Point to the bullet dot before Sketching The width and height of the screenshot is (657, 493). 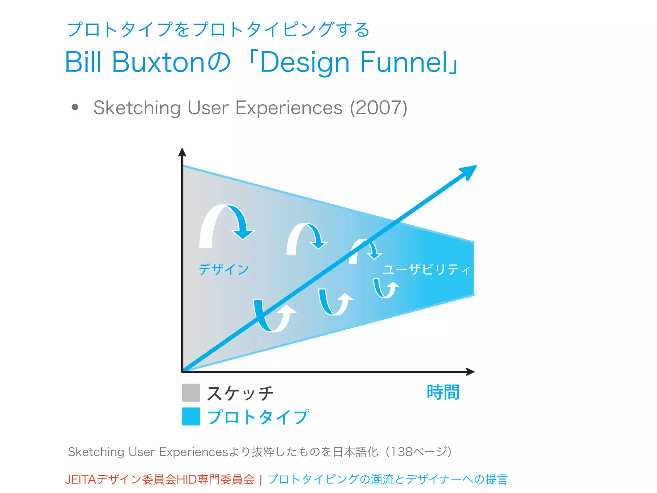click(x=75, y=107)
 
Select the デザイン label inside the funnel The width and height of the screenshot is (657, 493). click(x=224, y=269)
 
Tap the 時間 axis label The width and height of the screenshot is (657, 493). click(x=443, y=392)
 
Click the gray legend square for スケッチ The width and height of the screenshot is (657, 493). click(x=191, y=393)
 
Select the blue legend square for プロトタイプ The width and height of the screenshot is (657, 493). click(x=191, y=416)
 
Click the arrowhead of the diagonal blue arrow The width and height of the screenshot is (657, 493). click(x=470, y=171)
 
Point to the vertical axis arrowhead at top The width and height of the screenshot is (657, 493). click(x=182, y=152)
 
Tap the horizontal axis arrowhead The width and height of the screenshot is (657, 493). click(x=470, y=372)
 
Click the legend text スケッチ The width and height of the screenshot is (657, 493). click(x=240, y=393)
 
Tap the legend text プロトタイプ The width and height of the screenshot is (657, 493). click(x=258, y=417)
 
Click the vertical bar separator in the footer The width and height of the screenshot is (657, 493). click(x=261, y=480)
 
